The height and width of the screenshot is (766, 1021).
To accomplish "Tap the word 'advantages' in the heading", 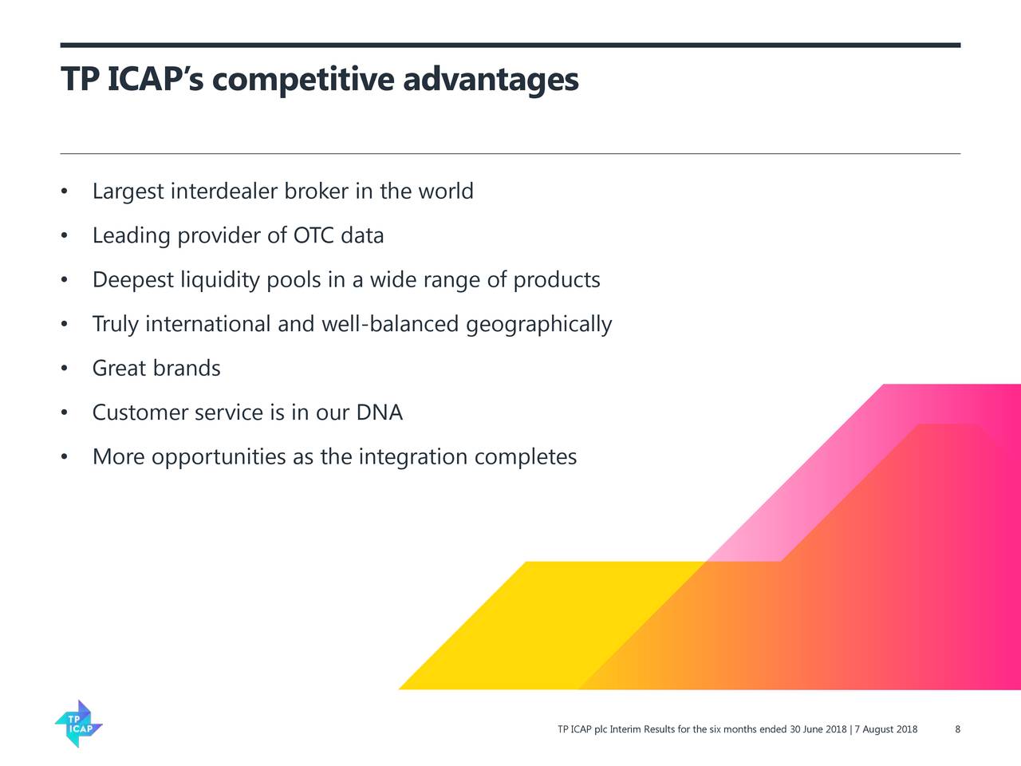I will [x=491, y=80].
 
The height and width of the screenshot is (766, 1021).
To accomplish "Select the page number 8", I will [x=957, y=729].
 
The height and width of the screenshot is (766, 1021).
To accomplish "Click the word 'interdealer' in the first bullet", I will [x=224, y=192].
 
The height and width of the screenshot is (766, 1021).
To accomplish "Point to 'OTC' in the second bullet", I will [x=313, y=236].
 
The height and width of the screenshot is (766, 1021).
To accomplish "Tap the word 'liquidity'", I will [x=220, y=281].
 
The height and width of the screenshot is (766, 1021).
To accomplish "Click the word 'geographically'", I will [x=538, y=325].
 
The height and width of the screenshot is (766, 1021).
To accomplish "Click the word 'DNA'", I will [x=379, y=413].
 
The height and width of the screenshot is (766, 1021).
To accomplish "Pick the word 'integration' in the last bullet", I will [x=413, y=457].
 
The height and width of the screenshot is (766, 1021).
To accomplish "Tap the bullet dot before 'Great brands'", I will [x=64, y=369].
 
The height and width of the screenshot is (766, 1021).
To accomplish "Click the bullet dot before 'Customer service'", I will [x=64, y=413].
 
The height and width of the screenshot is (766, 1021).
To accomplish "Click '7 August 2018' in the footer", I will [x=885, y=729].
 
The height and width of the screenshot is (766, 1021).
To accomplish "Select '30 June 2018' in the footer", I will [x=818, y=729].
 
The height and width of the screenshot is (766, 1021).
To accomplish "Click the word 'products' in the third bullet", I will [x=556, y=281].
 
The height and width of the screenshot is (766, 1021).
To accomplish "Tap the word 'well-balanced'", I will [x=389, y=325].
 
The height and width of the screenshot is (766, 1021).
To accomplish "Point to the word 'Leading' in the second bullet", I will [x=132, y=236].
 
